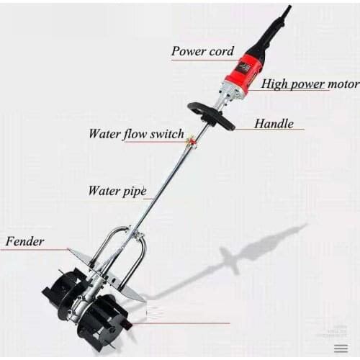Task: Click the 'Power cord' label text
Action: pos(202,51)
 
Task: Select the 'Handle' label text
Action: pos(274,124)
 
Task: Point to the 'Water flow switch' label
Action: pos(134,134)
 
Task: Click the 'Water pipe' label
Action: pos(117,191)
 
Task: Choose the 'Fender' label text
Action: pos(25,240)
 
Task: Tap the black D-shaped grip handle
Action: pos(211,115)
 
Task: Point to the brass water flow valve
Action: pos(192,138)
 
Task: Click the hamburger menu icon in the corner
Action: pos(341,347)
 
